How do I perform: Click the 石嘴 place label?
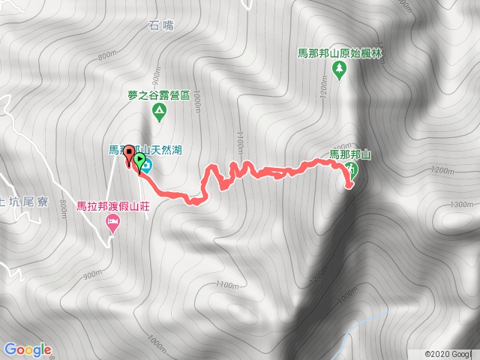pyautogui.click(x=161, y=25)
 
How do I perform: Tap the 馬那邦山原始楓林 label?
pyautogui.click(x=339, y=53)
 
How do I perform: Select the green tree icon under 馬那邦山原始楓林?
pyautogui.click(x=339, y=70)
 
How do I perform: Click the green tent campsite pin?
pyautogui.click(x=159, y=112)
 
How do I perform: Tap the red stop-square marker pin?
pyautogui.click(x=129, y=154)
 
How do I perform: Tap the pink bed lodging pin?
pyautogui.click(x=113, y=223)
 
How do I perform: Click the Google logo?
pyautogui.click(x=27, y=349)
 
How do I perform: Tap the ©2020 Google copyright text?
pyautogui.click(x=451, y=354)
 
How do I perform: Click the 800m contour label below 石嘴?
pyautogui.click(x=107, y=55)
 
